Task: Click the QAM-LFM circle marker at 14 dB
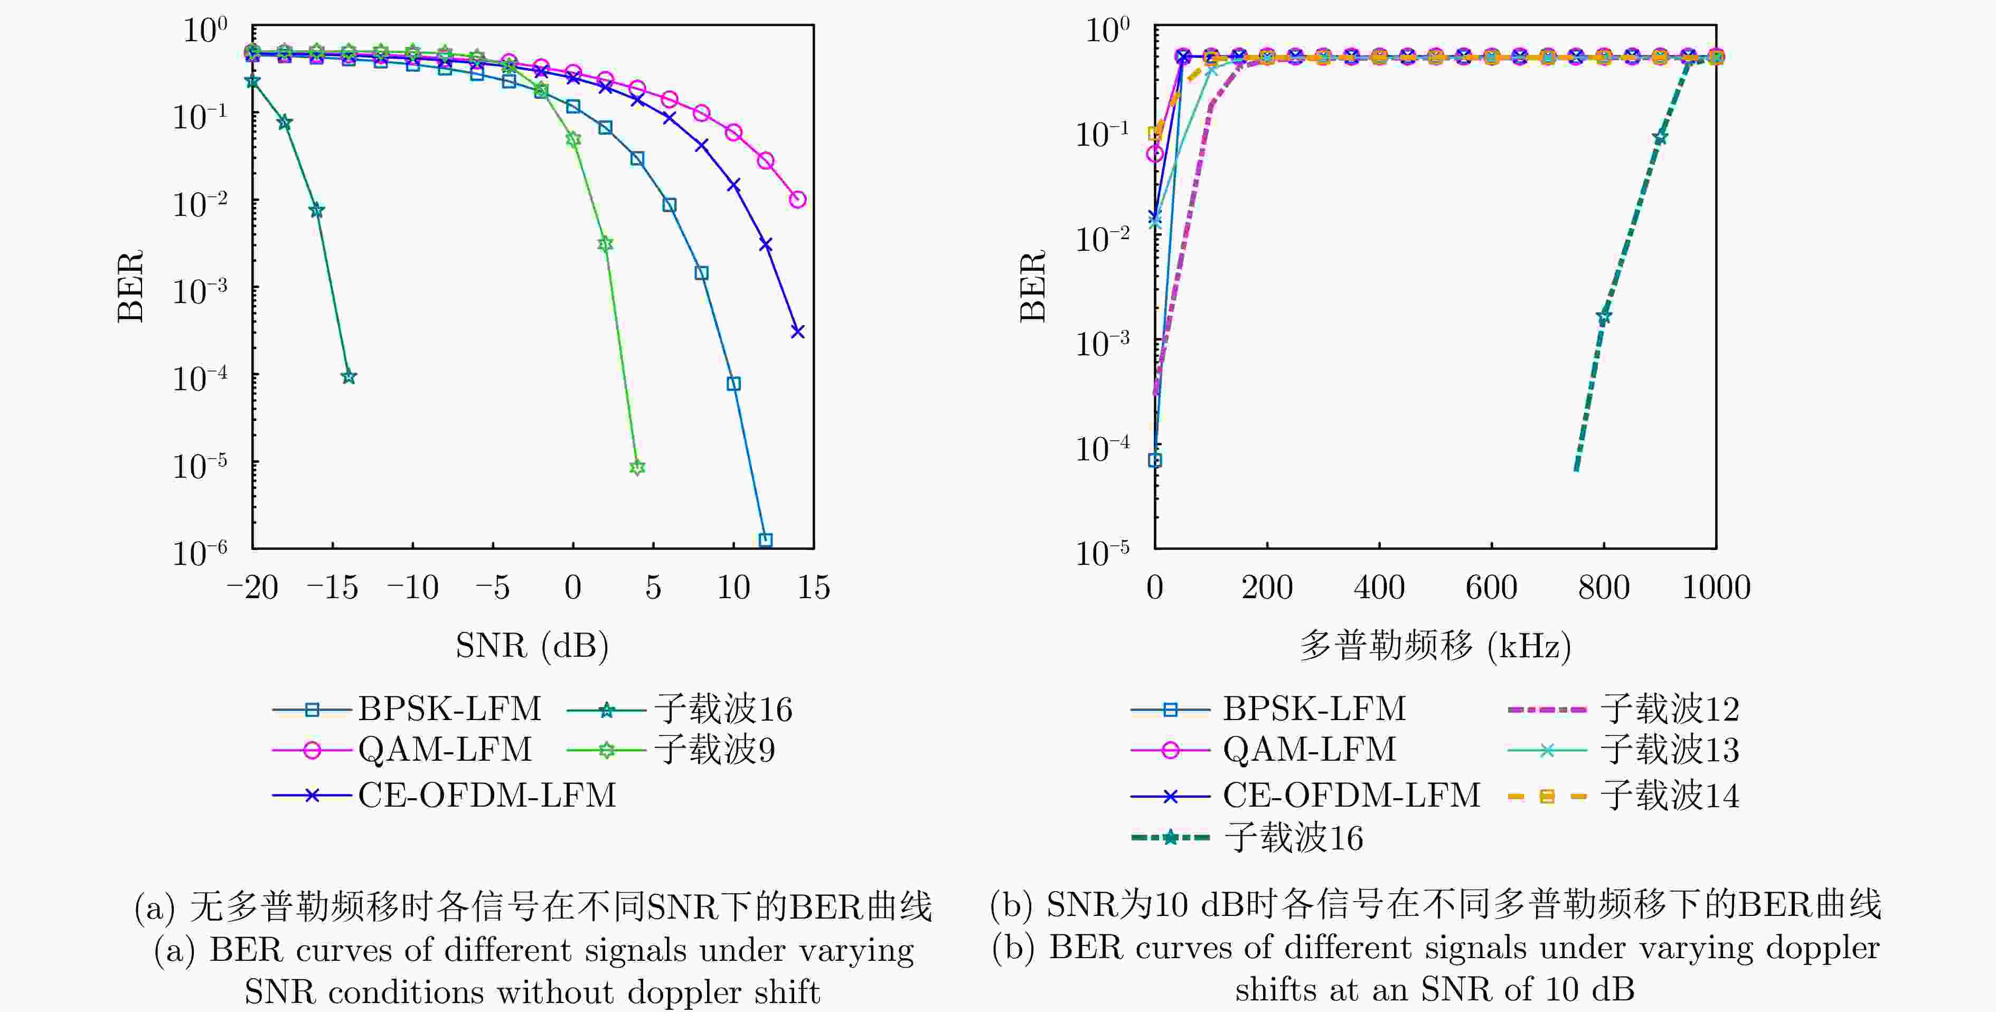tap(797, 199)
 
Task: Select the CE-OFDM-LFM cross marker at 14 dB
tap(797, 332)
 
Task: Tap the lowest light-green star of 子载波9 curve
tap(637, 467)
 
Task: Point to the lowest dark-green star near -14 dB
tap(349, 376)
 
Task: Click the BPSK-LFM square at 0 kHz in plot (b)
tap(1154, 460)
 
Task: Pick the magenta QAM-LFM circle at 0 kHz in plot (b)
tap(1154, 154)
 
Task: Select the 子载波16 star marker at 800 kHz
tap(1603, 317)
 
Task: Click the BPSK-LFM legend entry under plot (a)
tap(407, 709)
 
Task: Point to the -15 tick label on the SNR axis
tap(333, 588)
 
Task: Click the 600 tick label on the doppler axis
tap(1491, 588)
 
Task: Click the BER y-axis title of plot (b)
tap(1033, 286)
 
